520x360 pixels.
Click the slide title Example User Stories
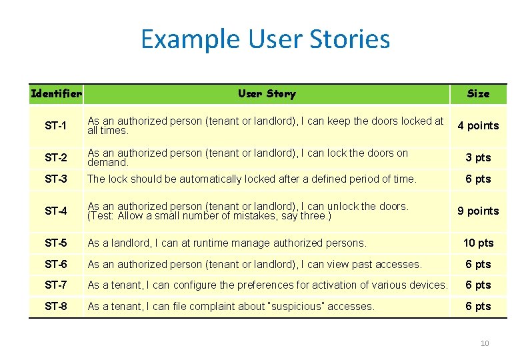[265, 39]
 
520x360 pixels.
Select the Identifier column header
[57, 94]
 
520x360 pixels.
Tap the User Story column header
[267, 94]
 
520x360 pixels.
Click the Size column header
[478, 94]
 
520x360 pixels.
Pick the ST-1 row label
[55, 126]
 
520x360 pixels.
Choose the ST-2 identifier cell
[55, 158]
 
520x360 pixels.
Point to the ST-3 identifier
[55, 179]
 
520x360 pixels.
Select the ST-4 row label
[55, 211]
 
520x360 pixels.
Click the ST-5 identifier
[55, 243]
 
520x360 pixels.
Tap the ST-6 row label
[55, 264]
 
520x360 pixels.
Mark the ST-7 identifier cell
[55, 285]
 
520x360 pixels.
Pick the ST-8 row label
[55, 306]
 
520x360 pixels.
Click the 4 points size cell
[478, 126]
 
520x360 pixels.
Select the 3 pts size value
[478, 158]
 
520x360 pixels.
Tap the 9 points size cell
[478, 211]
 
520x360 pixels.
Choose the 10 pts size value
[478, 243]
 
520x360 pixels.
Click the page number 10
[485, 343]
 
